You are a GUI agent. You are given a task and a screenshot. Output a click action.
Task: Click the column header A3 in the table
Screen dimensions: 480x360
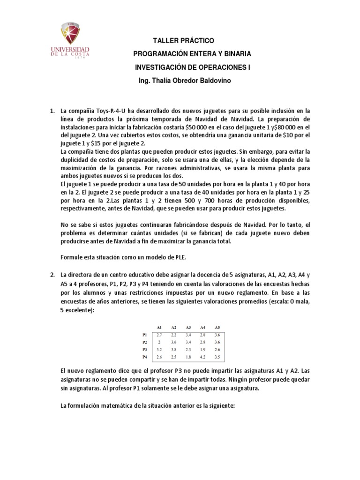click(x=188, y=327)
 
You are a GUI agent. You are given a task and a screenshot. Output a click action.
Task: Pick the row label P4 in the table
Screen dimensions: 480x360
click(x=144, y=358)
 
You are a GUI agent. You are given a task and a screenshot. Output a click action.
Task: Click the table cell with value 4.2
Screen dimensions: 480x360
click(x=202, y=358)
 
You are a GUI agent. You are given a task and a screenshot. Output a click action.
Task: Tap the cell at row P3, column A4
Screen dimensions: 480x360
click(x=202, y=350)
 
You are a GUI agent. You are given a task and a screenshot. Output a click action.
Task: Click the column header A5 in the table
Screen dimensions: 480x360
click(x=217, y=327)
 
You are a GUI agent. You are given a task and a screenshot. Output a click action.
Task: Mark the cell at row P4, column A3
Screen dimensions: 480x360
click(x=188, y=358)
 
